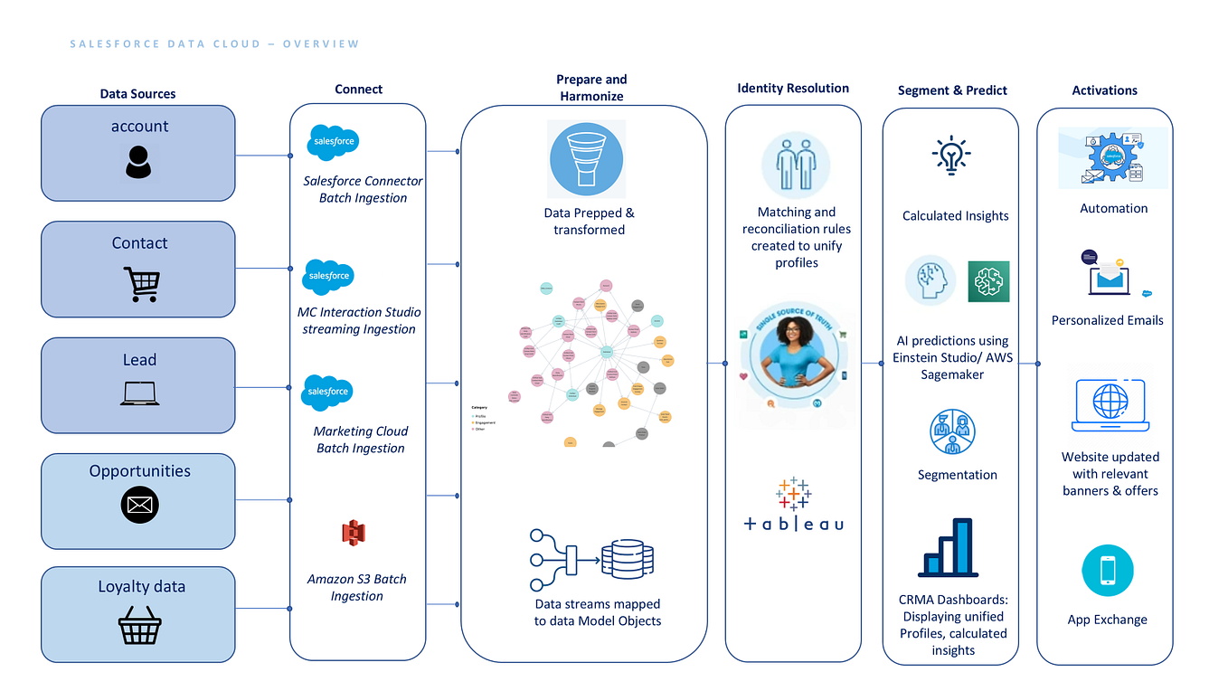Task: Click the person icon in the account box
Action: (x=138, y=162)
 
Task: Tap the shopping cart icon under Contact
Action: (x=140, y=285)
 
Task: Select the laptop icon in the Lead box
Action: (x=139, y=393)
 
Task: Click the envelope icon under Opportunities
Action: (x=139, y=505)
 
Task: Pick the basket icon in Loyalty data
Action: (x=140, y=625)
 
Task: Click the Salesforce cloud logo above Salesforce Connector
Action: (x=332, y=142)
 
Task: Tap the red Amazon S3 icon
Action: (x=353, y=533)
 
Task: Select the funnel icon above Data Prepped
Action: (x=585, y=160)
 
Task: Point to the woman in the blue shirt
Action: (x=787, y=357)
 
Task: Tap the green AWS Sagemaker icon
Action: (x=987, y=281)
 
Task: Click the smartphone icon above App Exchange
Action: (x=1107, y=571)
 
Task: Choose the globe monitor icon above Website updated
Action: (x=1110, y=404)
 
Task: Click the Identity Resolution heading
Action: (x=792, y=88)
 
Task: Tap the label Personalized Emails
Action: (x=1107, y=320)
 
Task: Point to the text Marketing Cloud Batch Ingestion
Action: (x=360, y=440)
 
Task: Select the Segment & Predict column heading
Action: (x=952, y=90)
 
